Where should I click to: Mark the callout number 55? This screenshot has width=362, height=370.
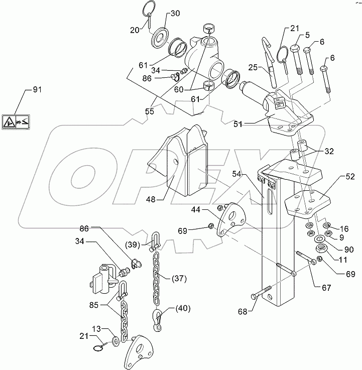tap(150, 111)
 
